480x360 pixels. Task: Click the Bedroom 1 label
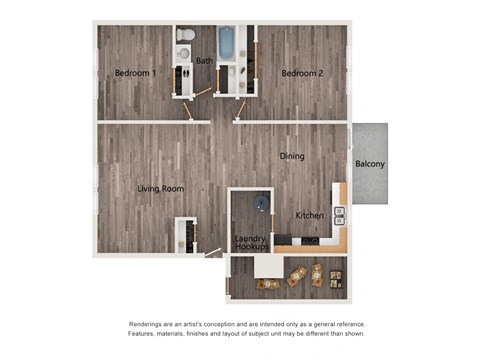pos(135,73)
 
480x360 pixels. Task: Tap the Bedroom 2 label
pos(301,73)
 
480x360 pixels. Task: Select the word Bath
pos(204,61)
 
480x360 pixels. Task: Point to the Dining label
pos(292,156)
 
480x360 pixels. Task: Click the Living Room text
pos(159,188)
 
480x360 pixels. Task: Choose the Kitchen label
pos(309,215)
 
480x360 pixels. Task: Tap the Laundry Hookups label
pos(250,243)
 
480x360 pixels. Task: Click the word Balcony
pos(370,164)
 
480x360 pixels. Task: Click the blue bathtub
pos(226,43)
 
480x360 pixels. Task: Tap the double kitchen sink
pos(339,213)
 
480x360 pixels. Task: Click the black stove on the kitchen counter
pos(314,241)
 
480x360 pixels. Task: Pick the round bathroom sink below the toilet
pos(184,55)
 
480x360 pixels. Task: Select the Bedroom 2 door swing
pos(241,112)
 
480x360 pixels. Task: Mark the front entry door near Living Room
pos(213,253)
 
